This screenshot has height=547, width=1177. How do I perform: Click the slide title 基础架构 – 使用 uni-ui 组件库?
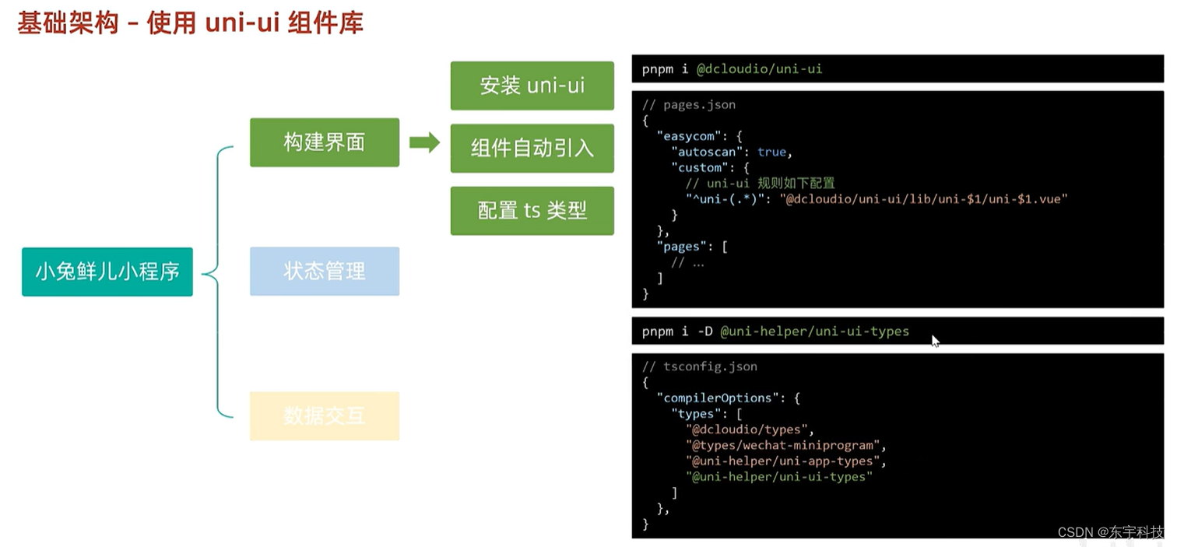(190, 23)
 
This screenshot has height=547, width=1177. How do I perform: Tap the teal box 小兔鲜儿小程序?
(107, 272)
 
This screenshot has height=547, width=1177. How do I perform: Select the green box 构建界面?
(324, 142)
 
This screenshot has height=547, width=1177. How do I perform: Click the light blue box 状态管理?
(324, 272)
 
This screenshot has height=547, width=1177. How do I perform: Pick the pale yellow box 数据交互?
(324, 416)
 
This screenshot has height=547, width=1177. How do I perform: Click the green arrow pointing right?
(424, 142)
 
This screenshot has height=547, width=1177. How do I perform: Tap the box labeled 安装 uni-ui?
(532, 86)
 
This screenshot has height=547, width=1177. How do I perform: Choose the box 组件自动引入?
(532, 148)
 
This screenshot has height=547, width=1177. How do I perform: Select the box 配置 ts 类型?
(532, 211)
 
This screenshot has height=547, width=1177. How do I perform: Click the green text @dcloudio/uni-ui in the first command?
(759, 69)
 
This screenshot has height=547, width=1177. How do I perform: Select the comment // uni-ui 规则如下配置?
(760, 184)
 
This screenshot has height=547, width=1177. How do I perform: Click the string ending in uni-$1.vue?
(923, 199)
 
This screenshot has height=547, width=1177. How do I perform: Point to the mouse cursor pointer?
(935, 340)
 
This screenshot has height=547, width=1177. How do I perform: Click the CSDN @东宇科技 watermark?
(1110, 532)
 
